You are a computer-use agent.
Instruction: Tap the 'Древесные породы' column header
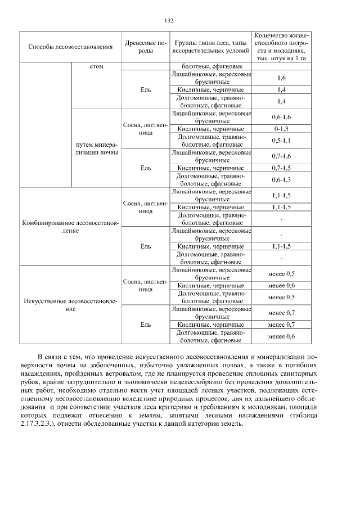145,46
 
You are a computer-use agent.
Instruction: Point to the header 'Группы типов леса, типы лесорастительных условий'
210,46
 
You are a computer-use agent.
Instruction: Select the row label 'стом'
96,66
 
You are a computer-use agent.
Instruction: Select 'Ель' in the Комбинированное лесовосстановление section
146,246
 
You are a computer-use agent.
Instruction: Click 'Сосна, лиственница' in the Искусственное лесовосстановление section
146,285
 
